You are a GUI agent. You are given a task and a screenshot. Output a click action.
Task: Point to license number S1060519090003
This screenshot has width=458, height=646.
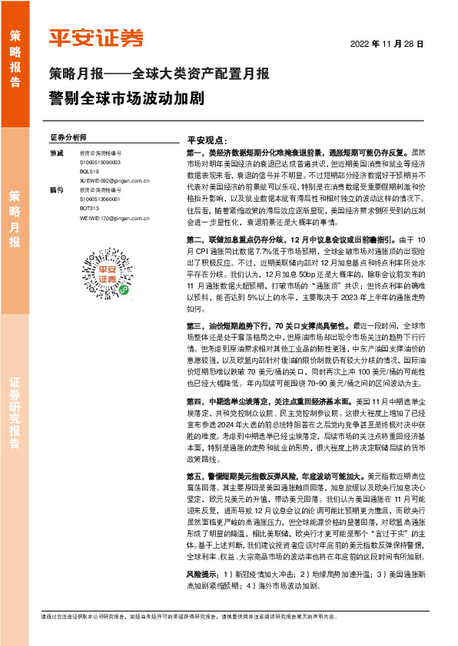coord(100,163)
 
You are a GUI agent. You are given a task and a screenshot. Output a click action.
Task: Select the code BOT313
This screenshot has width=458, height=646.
coord(89,210)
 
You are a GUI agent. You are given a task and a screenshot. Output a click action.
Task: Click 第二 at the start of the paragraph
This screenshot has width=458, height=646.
coord(194,240)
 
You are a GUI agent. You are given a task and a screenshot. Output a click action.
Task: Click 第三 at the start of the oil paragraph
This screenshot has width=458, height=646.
coord(194,305)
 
